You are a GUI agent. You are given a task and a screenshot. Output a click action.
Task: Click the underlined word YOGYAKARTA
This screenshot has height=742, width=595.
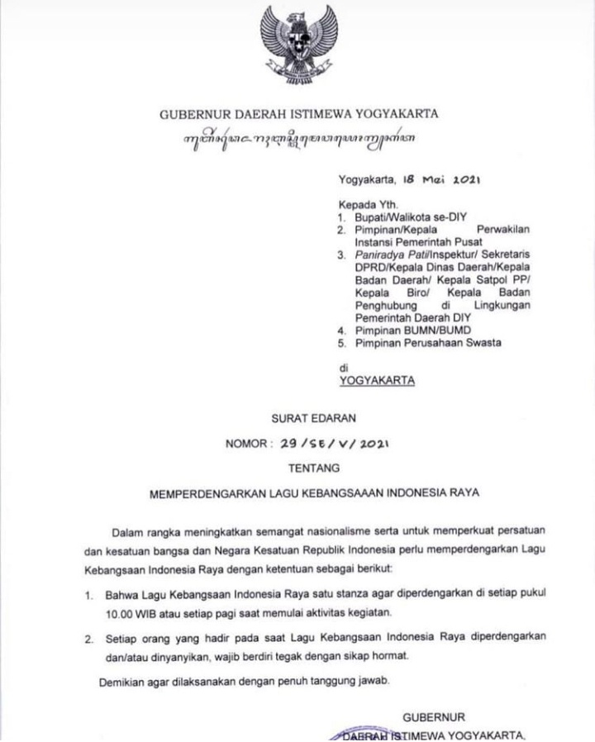click(x=378, y=381)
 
